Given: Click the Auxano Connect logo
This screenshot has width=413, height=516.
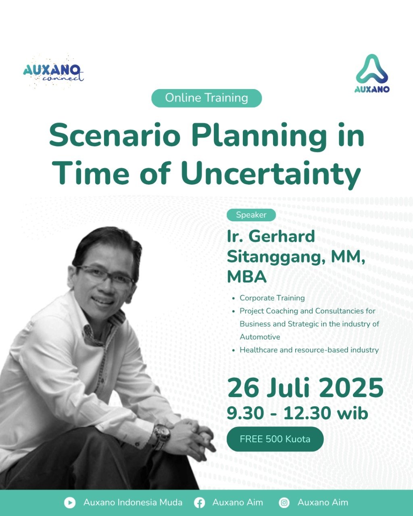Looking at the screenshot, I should [x=54, y=73].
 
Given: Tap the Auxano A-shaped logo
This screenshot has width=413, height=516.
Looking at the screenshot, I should [x=372, y=74].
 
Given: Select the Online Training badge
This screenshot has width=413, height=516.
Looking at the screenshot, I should [x=206, y=98].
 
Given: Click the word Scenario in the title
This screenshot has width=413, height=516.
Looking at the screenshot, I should [x=115, y=136].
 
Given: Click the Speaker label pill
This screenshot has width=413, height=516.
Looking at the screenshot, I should [x=251, y=215].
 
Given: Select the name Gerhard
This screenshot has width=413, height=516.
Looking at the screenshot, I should [x=282, y=236].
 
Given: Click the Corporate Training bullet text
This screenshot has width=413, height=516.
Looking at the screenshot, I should [x=272, y=298].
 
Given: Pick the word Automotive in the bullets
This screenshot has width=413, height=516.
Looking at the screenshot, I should [x=260, y=337].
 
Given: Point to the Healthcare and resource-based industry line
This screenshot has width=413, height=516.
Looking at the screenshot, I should [x=309, y=350].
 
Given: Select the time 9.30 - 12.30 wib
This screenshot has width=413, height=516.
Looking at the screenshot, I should [x=297, y=413].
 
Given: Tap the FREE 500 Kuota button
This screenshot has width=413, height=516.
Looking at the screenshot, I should [x=275, y=439].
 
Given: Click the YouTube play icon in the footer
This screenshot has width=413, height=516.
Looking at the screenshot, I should [x=70, y=503].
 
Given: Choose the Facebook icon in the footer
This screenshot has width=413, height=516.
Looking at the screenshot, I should [x=199, y=503].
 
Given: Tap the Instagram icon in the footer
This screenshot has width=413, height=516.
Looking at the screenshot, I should [x=284, y=503].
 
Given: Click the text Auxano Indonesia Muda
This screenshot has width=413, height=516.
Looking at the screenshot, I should [x=133, y=503].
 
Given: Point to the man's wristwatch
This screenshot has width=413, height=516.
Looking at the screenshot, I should [x=162, y=435].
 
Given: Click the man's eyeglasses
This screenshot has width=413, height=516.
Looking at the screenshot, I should [x=106, y=277].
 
